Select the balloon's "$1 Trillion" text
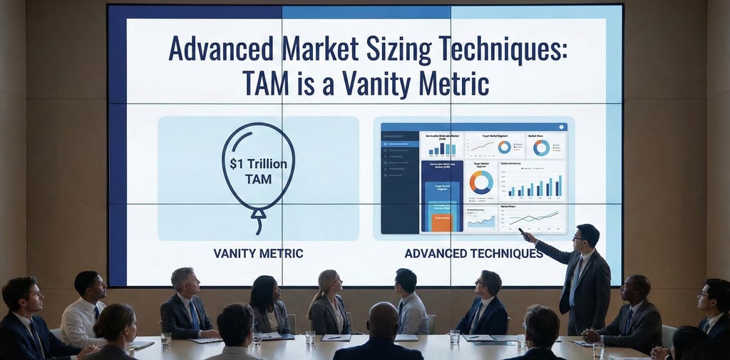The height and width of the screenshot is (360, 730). coord(258,164)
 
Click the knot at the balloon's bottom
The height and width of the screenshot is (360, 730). coord(259,212)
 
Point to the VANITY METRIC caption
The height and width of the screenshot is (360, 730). coord(258,253)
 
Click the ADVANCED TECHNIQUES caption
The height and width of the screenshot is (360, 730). coord(473,253)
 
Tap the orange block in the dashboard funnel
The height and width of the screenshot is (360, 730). coord(441,220)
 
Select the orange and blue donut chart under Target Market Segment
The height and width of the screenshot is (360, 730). coord(481,182)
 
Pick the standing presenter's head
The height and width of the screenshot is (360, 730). coord(587,236)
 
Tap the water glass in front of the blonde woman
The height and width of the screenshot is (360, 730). coord(310,336)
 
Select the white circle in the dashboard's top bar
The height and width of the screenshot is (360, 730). coord(562,127)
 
